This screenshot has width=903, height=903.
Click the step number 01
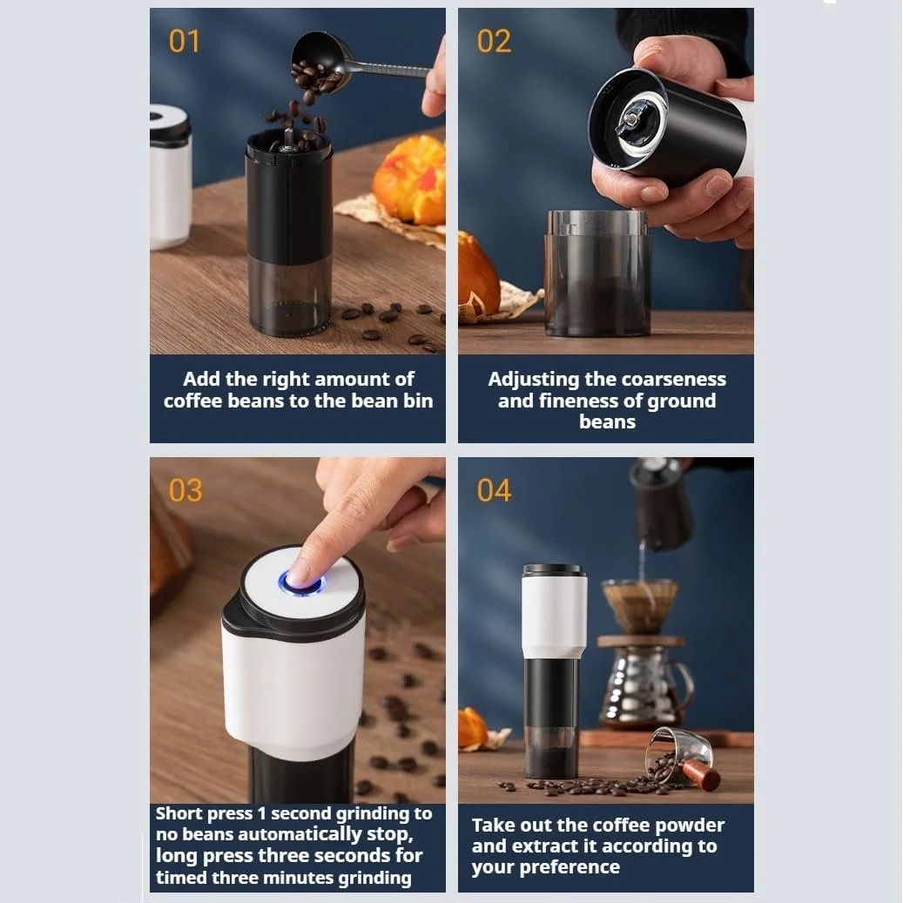coord(185,42)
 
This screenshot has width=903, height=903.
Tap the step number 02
coord(494,42)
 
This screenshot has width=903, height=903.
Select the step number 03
coord(185,490)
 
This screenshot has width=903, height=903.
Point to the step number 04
coord(494,490)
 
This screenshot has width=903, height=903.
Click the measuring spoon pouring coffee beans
coord(346,64)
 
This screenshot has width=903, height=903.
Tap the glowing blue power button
coord(300,583)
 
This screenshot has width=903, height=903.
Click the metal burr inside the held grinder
coord(632,121)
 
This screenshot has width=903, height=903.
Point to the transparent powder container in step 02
coord(597,273)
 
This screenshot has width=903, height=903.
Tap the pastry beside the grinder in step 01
coord(410,179)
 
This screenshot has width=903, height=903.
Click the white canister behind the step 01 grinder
coord(169,178)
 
